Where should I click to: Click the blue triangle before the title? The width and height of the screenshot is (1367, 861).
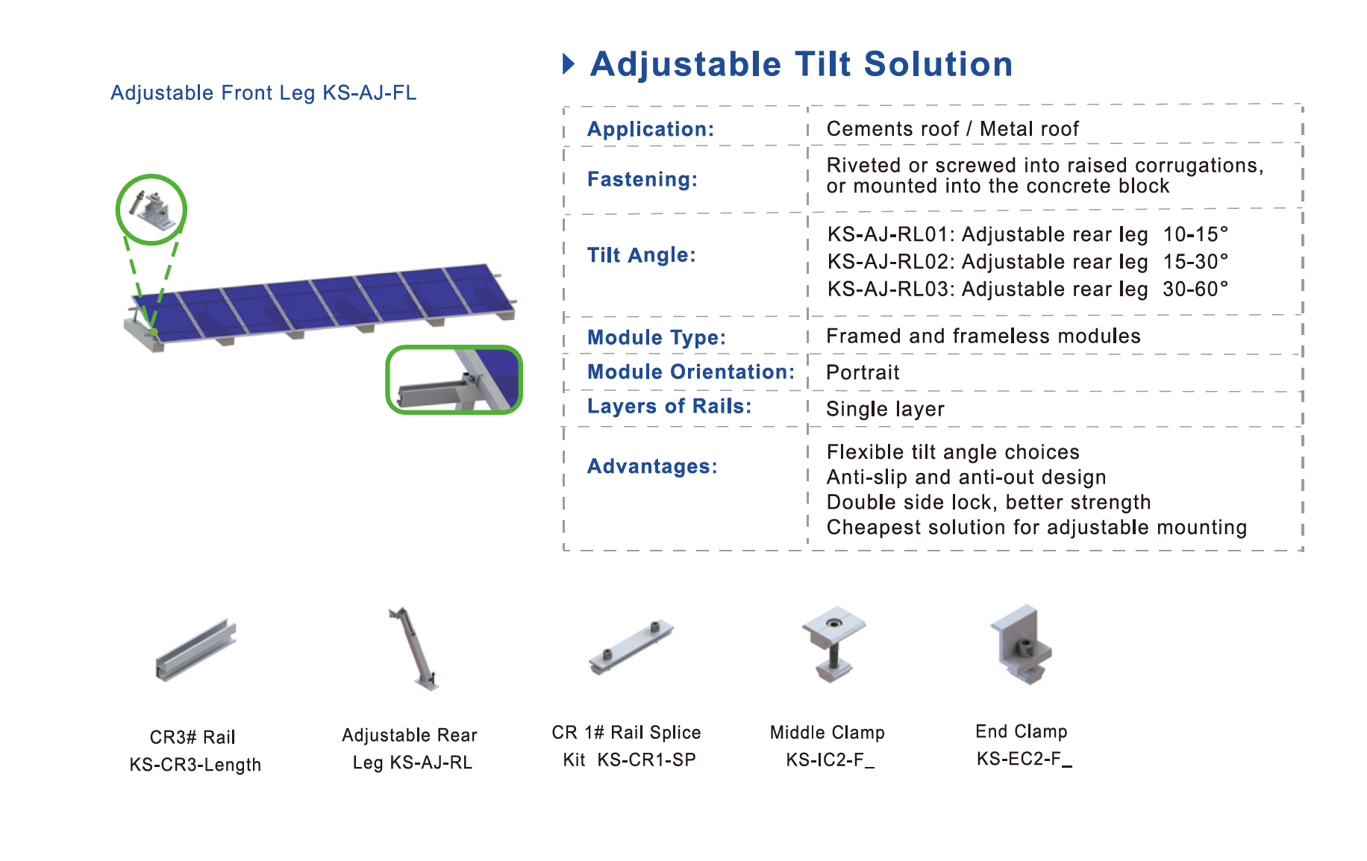[x=569, y=64]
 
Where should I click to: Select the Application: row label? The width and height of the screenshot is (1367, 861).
[x=651, y=129]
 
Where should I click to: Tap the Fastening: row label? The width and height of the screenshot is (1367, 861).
[x=642, y=179]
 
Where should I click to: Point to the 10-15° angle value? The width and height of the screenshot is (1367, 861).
[x=1195, y=234]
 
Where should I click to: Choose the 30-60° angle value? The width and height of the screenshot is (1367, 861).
[x=1195, y=289]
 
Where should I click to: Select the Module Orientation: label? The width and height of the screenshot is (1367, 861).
[x=691, y=372]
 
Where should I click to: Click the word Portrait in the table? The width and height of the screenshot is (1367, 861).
[x=863, y=372]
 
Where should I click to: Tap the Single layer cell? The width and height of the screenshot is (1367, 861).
[x=885, y=409]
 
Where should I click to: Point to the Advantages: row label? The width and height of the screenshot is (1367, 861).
[x=652, y=466]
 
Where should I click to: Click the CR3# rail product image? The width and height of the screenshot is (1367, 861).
[x=195, y=649]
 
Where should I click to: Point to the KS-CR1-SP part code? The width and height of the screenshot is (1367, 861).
[x=647, y=760]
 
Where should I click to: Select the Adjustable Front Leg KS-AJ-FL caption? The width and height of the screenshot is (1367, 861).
[x=263, y=93]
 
